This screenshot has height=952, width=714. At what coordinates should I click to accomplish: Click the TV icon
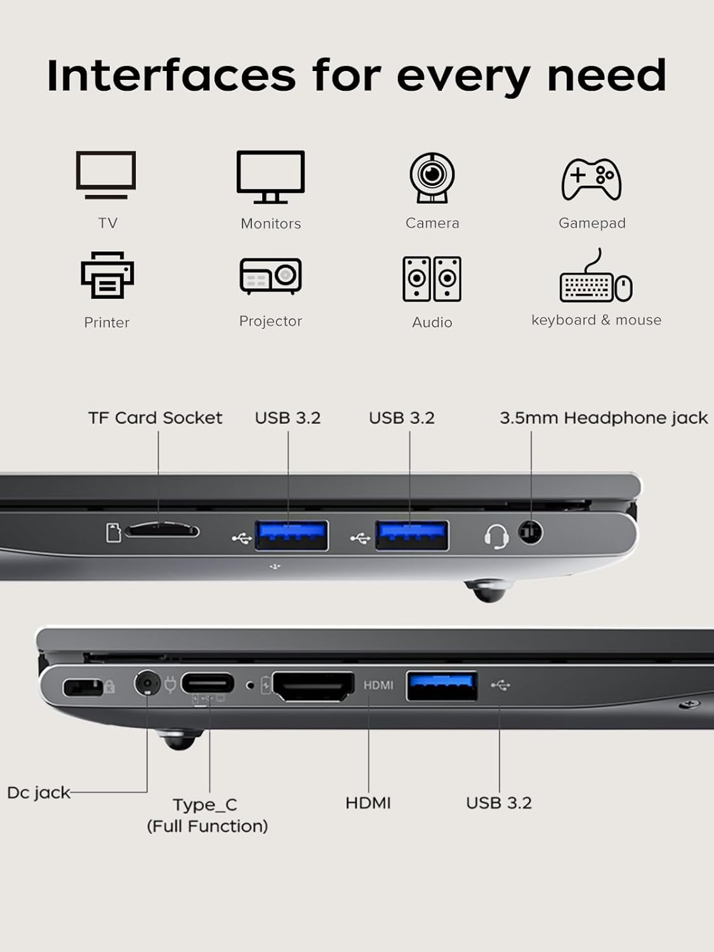click(106, 175)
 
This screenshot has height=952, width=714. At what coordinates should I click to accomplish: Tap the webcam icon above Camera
click(432, 177)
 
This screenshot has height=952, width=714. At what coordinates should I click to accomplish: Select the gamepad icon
click(592, 179)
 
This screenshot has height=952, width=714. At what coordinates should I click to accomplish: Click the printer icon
click(107, 275)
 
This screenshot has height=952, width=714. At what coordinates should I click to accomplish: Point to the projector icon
click(270, 276)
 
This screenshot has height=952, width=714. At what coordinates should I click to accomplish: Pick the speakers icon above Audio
click(432, 279)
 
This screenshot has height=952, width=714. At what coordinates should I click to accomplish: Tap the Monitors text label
click(271, 223)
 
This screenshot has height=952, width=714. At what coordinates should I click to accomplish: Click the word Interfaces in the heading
click(171, 76)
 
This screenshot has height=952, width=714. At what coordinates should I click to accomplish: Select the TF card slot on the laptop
click(162, 531)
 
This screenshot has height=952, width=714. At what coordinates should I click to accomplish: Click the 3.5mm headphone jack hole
click(530, 531)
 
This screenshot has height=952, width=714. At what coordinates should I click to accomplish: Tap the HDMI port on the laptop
click(314, 686)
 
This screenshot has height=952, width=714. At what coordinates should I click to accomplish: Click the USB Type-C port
click(208, 684)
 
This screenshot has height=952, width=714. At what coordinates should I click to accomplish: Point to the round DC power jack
click(147, 684)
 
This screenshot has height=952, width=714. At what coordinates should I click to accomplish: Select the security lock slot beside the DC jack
click(83, 687)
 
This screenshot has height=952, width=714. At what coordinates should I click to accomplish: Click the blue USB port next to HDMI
click(442, 685)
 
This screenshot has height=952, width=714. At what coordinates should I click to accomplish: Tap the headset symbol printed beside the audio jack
click(496, 536)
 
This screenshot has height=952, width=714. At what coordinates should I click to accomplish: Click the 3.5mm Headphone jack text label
click(603, 418)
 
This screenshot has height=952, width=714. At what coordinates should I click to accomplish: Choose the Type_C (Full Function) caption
click(207, 815)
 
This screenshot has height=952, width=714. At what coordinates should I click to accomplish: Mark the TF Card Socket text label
click(155, 418)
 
